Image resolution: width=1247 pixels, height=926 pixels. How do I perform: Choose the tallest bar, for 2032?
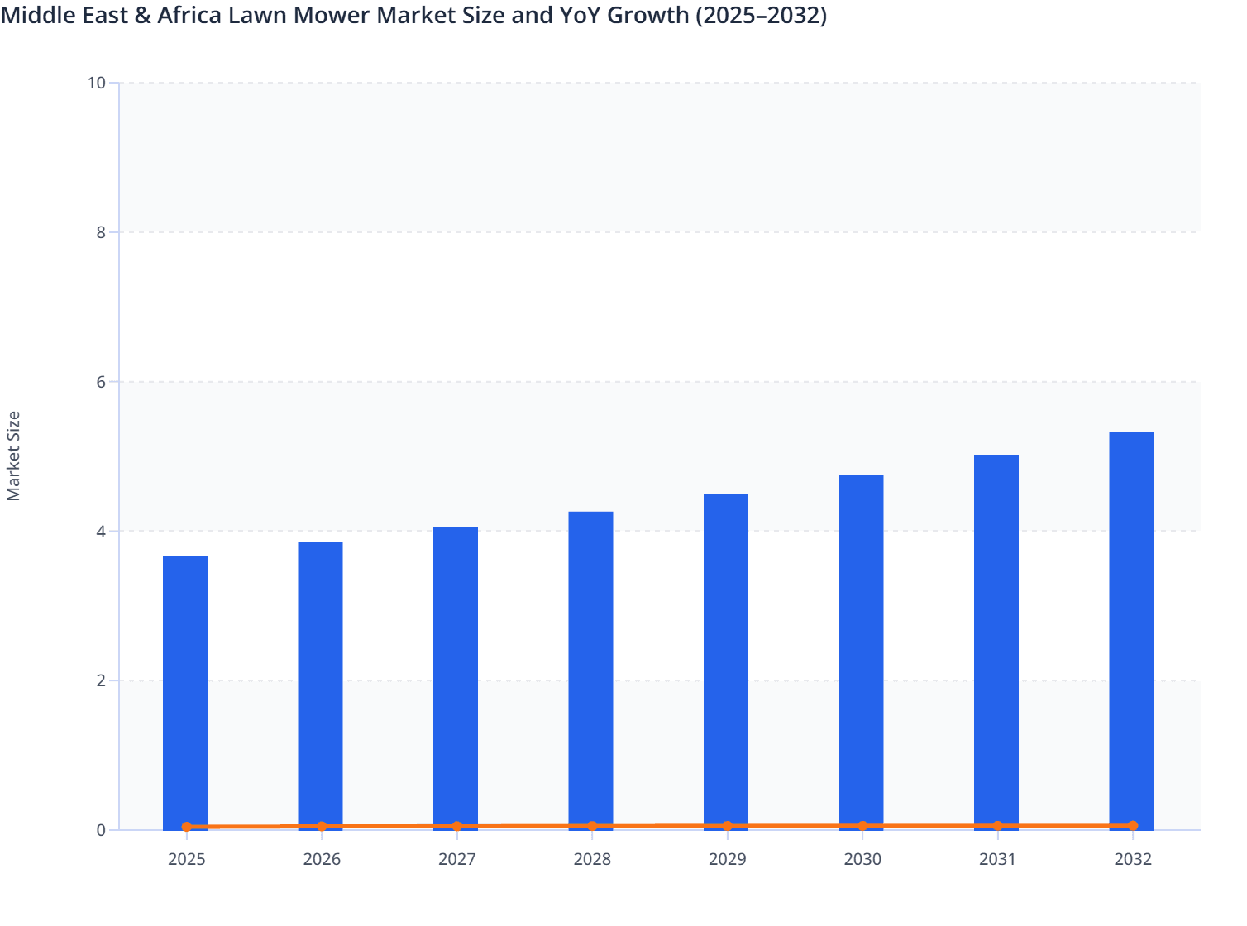coord(1131,628)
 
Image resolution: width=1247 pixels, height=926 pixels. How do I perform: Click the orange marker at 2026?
coord(322,826)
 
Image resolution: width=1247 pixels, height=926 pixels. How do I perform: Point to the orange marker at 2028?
coord(592,826)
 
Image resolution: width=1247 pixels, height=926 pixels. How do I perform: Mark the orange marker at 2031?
coord(997,826)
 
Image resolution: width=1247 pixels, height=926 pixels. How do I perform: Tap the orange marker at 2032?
coord(1133,826)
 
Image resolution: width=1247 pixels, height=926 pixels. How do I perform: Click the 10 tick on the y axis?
coord(97,83)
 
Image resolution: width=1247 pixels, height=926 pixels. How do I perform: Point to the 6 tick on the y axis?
coord(101,382)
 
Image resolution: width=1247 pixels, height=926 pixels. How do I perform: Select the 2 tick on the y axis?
coord(101,680)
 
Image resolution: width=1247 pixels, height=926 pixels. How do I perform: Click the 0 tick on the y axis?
coord(101,830)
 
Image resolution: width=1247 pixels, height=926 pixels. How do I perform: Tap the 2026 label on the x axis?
coord(322,859)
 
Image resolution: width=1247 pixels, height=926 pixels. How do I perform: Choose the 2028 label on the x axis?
coord(592,859)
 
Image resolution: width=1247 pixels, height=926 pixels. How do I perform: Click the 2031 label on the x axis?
coord(997,859)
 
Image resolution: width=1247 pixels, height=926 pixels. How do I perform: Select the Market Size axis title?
coord(14,456)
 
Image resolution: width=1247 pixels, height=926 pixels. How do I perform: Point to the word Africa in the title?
coord(188,15)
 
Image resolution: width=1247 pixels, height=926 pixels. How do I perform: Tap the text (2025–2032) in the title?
coord(761,15)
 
